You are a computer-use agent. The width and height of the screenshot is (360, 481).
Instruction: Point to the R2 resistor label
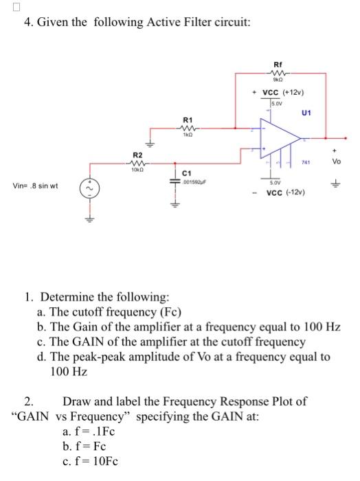(137, 155)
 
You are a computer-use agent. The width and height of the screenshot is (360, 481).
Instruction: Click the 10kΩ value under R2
(137, 170)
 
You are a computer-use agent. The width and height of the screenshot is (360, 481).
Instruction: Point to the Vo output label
(336, 162)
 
